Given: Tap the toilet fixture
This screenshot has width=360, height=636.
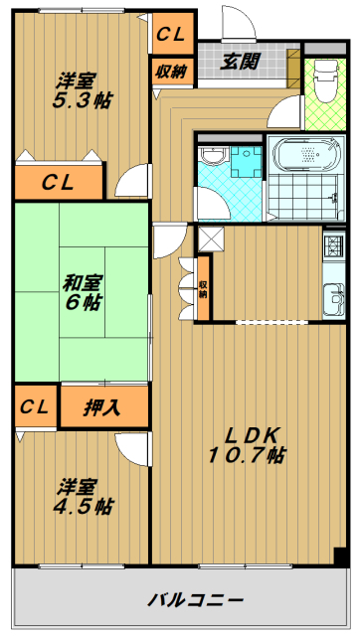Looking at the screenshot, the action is coord(326,81).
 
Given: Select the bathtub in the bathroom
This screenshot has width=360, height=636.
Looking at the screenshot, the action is coord(306,155).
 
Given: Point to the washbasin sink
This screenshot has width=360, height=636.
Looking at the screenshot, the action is coord(213,155).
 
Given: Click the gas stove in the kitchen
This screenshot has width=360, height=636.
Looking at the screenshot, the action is coord(333,245).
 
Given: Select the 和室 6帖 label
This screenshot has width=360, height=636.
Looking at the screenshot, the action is coord(82,292).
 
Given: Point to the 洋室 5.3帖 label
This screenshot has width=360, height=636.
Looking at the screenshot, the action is coord(82,90).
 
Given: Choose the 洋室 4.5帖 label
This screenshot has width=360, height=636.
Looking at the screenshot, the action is coord(83,496).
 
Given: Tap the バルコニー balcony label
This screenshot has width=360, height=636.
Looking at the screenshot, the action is coord(195,598).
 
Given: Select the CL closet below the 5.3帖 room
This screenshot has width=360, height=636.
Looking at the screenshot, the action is coord(59,182).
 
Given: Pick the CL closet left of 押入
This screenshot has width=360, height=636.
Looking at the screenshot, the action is coord(35,406).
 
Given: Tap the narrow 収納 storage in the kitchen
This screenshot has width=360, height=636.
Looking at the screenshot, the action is coord(203,288).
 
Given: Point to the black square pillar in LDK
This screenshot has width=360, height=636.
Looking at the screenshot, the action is coord(340,556).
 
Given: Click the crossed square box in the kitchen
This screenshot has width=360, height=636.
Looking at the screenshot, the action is coord(211,239).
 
